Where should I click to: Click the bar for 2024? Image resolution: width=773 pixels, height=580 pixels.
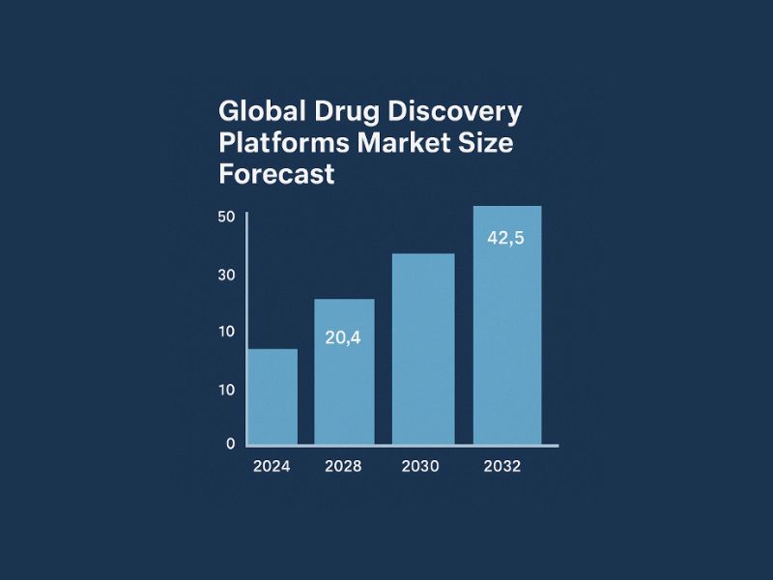[272, 396]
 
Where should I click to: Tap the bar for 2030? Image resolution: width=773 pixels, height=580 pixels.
[422, 349]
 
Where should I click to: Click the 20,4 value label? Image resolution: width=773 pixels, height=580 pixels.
[343, 337]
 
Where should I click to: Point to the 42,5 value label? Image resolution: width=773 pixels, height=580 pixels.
[505, 238]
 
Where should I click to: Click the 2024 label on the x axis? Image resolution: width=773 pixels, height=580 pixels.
[272, 466]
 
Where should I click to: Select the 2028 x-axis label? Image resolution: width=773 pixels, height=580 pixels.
[343, 466]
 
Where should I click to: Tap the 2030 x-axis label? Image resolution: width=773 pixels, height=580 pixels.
[420, 466]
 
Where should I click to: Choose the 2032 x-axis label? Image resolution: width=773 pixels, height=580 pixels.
[503, 466]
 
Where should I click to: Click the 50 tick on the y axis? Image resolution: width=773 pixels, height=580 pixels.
[227, 217]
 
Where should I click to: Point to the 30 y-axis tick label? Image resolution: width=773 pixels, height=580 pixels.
[227, 275]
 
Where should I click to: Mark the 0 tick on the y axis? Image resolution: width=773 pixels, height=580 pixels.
[231, 444]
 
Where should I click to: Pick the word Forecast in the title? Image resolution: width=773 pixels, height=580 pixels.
[277, 175]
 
